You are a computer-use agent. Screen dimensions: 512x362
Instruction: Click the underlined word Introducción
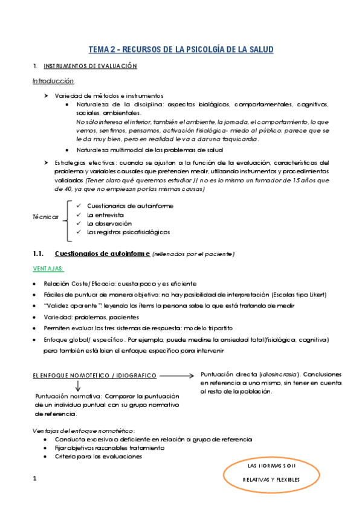tap(53, 81)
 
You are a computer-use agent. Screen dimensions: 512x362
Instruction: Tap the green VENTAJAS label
tap(48, 269)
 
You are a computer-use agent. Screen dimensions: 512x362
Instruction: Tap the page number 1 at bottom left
tap(35, 479)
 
